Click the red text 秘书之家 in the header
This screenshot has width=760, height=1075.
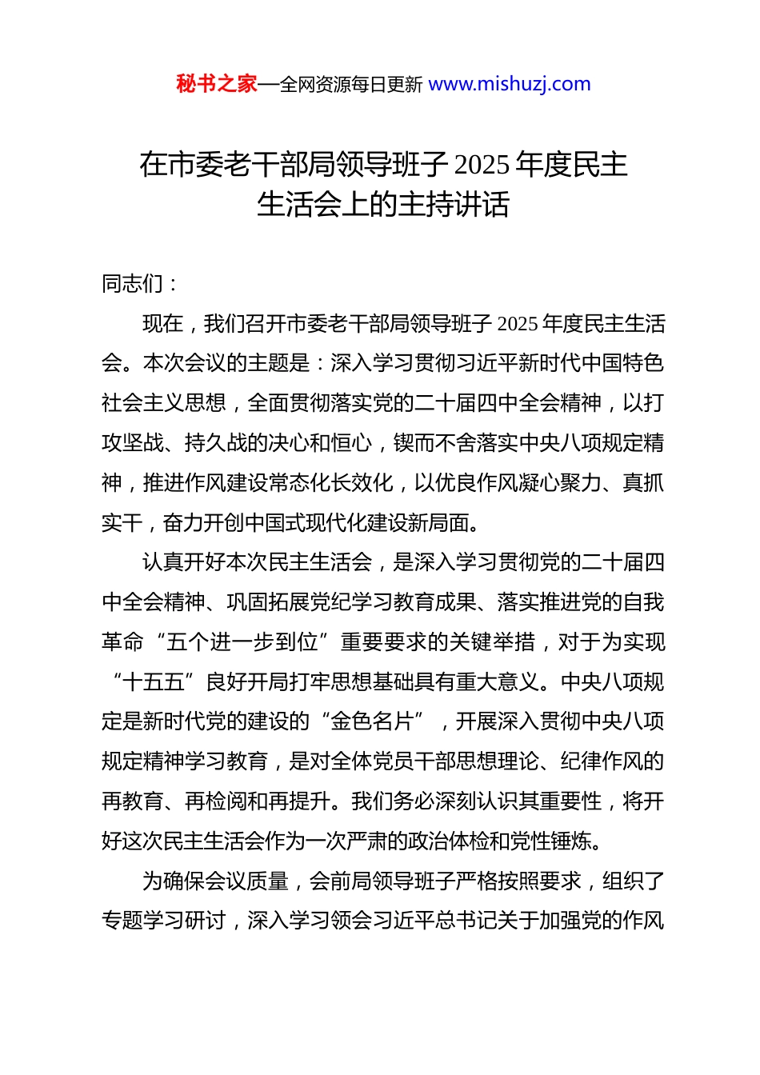click(216, 84)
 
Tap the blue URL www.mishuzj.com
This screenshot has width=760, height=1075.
click(510, 84)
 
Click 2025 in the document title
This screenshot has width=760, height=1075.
click(482, 165)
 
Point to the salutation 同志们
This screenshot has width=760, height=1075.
click(133, 283)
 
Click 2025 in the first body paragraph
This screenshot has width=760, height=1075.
click(517, 324)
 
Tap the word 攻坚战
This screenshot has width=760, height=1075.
click(133, 443)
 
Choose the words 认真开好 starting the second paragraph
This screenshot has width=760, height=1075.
click(184, 562)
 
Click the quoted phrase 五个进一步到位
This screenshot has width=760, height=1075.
click(246, 642)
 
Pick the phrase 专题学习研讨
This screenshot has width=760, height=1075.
click(164, 921)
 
